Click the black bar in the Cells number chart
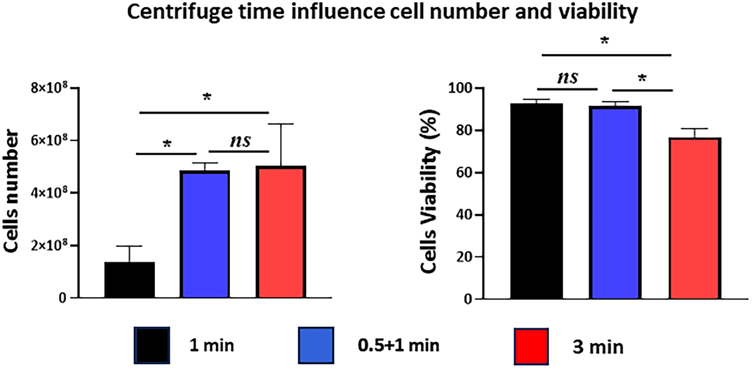point(130,280)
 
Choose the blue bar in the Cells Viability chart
point(615,202)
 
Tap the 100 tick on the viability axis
point(460,88)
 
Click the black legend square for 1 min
point(152,345)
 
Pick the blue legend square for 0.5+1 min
point(316,345)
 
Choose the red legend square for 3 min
point(531,346)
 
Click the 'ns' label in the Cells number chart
point(240,141)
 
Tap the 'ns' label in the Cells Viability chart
point(568,78)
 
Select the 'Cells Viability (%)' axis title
point(429,191)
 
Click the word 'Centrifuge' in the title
point(179,12)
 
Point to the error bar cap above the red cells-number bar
point(281,124)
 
